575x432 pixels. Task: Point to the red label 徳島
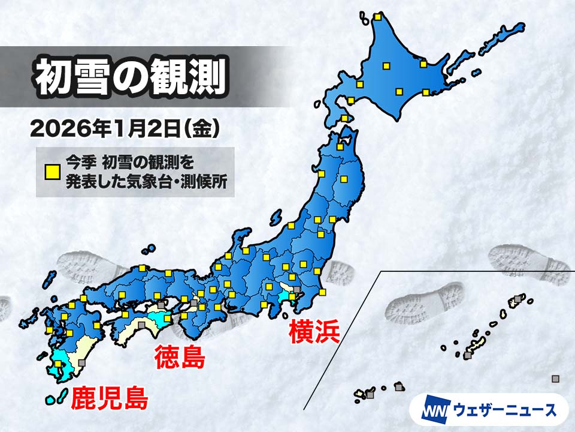(180, 358)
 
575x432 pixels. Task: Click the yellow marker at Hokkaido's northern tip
(377, 17)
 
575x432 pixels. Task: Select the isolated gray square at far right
(555, 378)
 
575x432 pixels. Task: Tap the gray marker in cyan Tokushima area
(161, 305)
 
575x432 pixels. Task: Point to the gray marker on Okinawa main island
(468, 355)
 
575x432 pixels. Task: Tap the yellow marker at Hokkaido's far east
(426, 92)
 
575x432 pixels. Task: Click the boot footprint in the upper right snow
(527, 264)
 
